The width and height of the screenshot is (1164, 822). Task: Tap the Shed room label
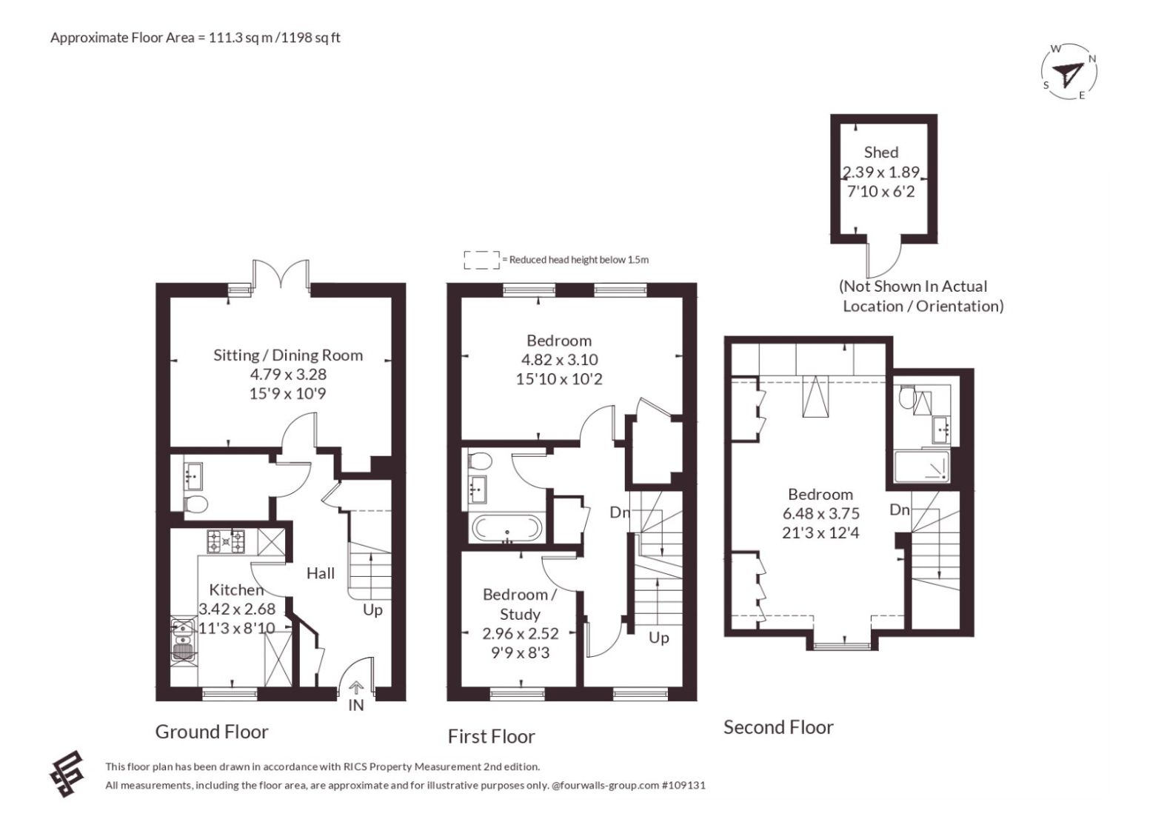(x=881, y=153)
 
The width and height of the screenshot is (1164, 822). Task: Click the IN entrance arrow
(x=356, y=689)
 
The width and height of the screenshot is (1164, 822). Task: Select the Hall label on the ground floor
(x=321, y=573)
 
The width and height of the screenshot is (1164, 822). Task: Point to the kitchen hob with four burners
(x=226, y=541)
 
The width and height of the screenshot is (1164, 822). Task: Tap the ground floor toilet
(x=195, y=504)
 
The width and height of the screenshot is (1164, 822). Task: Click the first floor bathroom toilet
(x=480, y=461)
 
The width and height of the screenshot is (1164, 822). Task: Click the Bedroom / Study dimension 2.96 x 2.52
(x=520, y=633)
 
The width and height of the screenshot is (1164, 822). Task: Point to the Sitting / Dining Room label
(x=288, y=355)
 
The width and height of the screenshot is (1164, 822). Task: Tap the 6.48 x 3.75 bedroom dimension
(x=821, y=513)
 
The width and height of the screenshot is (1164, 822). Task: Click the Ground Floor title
(x=212, y=732)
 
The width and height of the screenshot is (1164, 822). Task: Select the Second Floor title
(x=778, y=727)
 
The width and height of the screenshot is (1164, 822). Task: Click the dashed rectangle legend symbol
(x=482, y=260)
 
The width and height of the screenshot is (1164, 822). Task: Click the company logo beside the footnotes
(x=67, y=773)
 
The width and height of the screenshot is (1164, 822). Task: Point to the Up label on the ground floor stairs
(x=372, y=610)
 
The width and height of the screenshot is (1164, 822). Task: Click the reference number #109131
(x=683, y=785)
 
